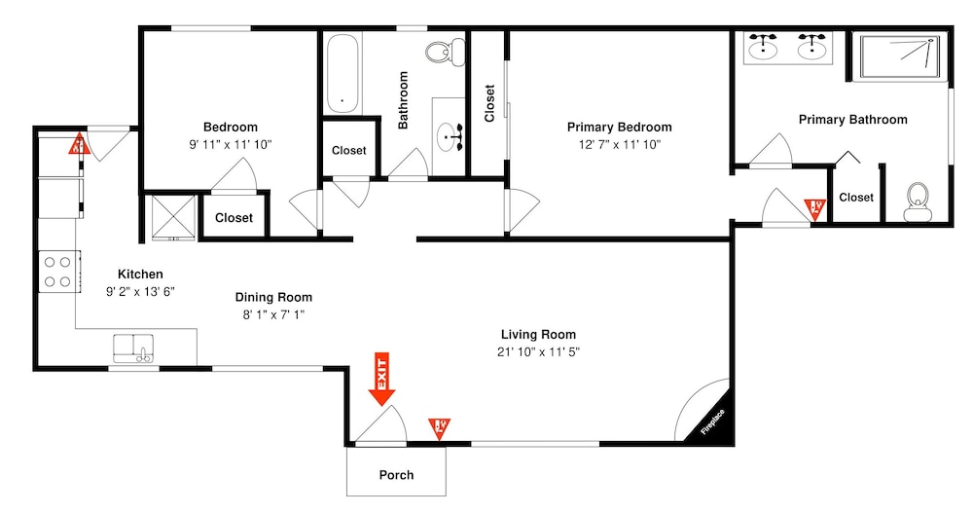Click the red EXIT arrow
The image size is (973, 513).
[380, 380]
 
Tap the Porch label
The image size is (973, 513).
[396, 475]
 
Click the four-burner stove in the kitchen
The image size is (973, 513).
[56, 271]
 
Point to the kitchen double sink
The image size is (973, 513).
[134, 348]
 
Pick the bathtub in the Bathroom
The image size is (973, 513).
[342, 74]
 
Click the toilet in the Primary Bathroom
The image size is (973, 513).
[916, 200]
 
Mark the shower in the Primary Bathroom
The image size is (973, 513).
[899, 55]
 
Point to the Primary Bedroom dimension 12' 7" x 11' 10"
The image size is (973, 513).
[619, 145]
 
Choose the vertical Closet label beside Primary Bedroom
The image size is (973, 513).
[489, 103]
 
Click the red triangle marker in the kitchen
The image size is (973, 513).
[78, 146]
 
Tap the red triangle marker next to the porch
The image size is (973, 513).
[440, 427]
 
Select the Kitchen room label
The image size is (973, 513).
[140, 275]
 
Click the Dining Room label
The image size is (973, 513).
[273, 298]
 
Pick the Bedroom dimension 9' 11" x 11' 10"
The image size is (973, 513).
[231, 145]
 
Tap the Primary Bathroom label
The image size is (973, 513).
[852, 120]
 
